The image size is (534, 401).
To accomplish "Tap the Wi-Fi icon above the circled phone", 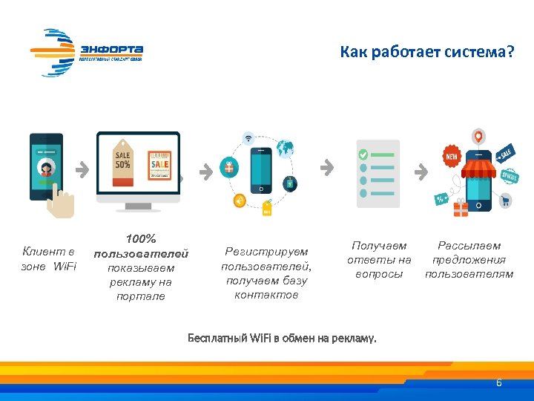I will point(248,138).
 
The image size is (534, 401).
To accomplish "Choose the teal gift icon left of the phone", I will point(228,167).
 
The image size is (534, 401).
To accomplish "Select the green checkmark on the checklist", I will point(363,155).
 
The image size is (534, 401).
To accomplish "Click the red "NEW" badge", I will point(451,157).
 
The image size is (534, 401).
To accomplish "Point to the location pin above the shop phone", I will point(479,137).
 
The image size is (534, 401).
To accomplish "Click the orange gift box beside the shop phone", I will point(461,209).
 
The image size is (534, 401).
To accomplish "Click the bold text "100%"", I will point(141,239).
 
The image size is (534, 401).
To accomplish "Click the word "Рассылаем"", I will point(469,246).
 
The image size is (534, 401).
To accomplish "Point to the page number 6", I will point(498,382).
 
